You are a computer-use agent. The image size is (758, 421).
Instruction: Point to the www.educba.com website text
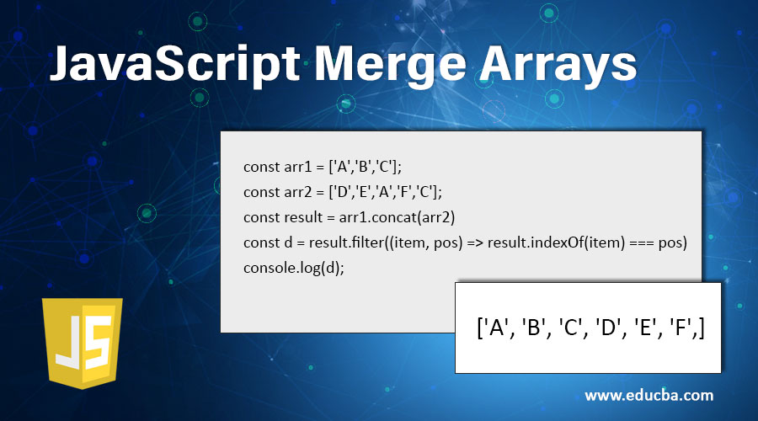coord(649,394)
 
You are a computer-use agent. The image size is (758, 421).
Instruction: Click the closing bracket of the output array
coord(701,328)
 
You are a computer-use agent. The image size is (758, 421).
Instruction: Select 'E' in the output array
coord(642,328)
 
